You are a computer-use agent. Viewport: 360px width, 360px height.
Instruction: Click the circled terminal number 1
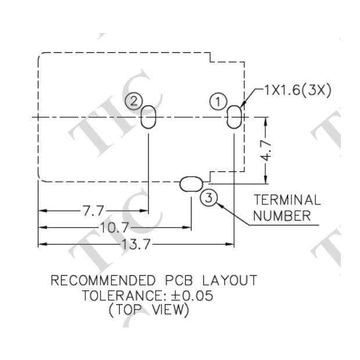coord(218,102)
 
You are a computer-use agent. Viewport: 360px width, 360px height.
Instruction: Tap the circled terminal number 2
coord(134,102)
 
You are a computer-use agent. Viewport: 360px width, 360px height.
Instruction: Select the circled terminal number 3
coord(208,199)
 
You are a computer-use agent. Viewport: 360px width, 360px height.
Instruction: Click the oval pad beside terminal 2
coord(149,117)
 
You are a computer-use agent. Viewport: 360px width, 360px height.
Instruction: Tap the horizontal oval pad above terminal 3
coord(190,185)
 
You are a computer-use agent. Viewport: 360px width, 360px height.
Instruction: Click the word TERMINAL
coord(287,200)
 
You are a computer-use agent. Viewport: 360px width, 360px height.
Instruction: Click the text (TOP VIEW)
coord(149,311)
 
